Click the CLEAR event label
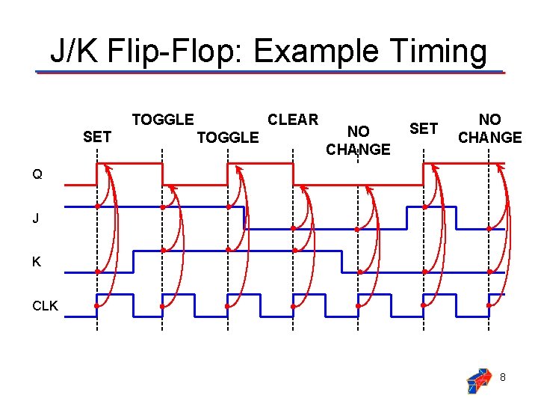293,120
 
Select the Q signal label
37,175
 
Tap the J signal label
36,219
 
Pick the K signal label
37,263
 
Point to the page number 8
503,378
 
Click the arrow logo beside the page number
478,380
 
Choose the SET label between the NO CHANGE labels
424,129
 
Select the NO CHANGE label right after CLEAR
358,141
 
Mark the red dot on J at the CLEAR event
294,228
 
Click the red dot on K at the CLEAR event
294,250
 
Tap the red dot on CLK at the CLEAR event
294,306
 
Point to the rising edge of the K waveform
132,262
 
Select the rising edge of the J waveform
406,217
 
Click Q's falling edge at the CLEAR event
293,174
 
